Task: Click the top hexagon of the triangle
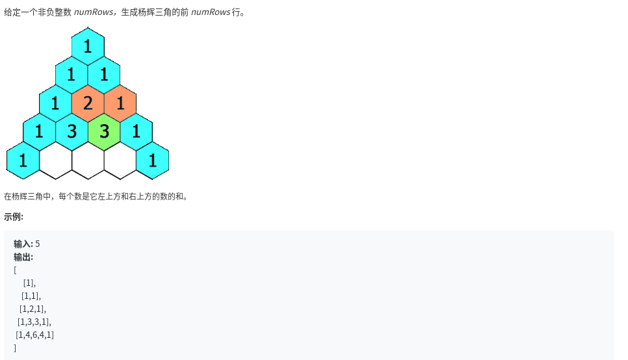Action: click(88, 46)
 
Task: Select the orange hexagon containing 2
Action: click(88, 103)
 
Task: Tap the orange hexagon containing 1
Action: click(120, 103)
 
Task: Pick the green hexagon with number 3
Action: click(104, 132)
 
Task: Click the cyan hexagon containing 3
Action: click(72, 132)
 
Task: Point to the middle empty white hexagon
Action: click(88, 161)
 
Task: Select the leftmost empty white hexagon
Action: click(56, 161)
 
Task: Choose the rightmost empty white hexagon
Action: click(120, 161)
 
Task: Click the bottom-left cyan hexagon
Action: click(23, 161)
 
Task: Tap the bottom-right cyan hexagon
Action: click(153, 161)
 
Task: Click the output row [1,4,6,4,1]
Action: click(35, 335)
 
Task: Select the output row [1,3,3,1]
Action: click(34, 322)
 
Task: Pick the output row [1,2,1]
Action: click(33, 309)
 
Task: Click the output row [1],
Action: click(30, 283)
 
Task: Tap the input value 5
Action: click(38, 244)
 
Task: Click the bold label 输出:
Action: click(23, 257)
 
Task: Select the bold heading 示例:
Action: click(14, 216)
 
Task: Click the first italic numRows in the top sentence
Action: click(94, 12)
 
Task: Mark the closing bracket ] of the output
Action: click(15, 348)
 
